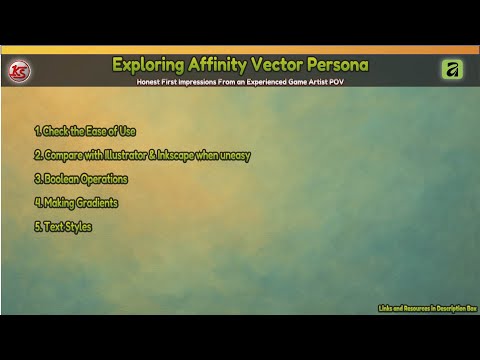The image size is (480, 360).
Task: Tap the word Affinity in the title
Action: [221, 65]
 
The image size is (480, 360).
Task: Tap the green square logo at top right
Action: [450, 69]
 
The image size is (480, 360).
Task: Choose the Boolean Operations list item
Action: [80, 179]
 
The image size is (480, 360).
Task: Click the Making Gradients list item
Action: [76, 203]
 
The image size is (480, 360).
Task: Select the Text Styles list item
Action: [63, 227]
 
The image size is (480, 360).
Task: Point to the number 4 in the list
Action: [36, 203]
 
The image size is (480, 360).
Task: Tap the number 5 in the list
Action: [36, 227]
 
